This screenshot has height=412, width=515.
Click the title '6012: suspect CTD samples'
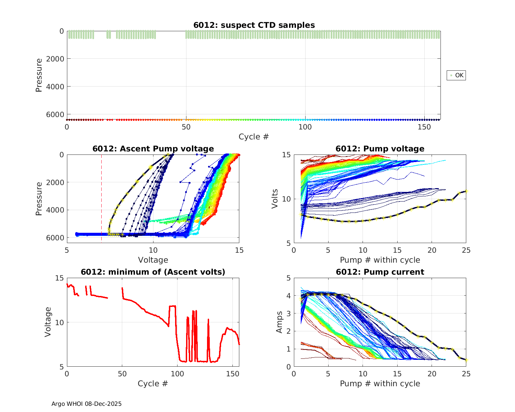pyautogui.click(x=254, y=25)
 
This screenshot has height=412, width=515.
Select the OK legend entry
pyautogui.click(x=456, y=75)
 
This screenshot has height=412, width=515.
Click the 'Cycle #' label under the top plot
pyautogui.click(x=254, y=137)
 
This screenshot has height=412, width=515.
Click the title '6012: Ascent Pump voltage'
pyautogui.click(x=153, y=149)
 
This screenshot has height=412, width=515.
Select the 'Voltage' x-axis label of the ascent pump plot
pyautogui.click(x=153, y=260)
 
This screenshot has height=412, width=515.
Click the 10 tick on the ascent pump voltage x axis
pyautogui.click(x=153, y=250)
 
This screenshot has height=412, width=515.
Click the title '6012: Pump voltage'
pyautogui.click(x=380, y=149)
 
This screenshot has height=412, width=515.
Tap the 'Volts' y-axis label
pyautogui.click(x=275, y=199)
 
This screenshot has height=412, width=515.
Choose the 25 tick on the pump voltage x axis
pyautogui.click(x=466, y=250)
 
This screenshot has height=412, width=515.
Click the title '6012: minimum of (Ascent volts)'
pyautogui.click(x=153, y=272)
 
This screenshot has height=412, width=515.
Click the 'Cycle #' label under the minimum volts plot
pyautogui.click(x=153, y=384)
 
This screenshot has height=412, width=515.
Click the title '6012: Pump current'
pyautogui.click(x=380, y=272)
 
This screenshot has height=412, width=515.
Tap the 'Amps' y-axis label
pyautogui.click(x=279, y=322)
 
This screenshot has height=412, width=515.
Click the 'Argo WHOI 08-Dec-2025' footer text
pyautogui.click(x=87, y=404)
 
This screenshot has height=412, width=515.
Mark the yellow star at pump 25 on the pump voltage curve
pyautogui.click(x=466, y=191)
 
